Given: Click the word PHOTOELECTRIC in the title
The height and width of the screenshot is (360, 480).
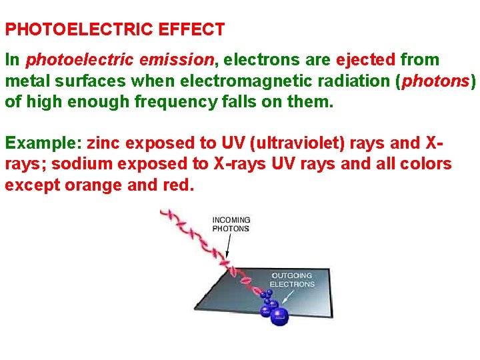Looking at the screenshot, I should click(80, 30).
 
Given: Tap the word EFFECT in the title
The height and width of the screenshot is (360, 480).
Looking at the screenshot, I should click(192, 30).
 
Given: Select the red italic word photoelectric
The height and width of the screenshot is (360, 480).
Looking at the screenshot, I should click(73, 60).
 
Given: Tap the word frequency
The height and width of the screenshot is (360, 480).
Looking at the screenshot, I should click(165, 103).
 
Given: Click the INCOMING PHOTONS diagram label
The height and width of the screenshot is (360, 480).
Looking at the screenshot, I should click(231, 225).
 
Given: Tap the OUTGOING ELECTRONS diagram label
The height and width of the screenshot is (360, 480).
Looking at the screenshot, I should click(292, 280).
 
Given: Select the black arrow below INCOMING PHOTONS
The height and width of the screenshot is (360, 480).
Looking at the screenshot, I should click(228, 246).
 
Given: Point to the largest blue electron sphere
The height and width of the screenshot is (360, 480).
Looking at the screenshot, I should click(280, 315).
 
